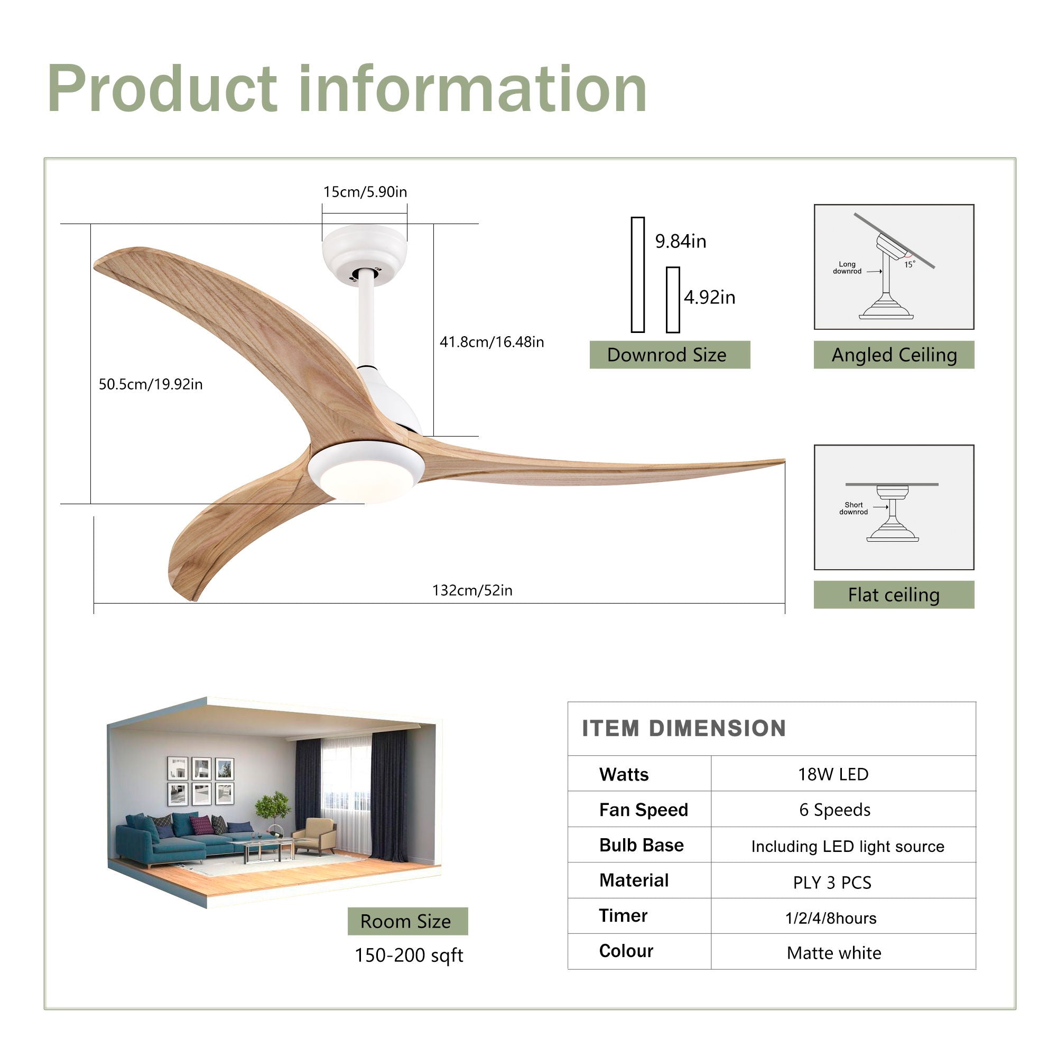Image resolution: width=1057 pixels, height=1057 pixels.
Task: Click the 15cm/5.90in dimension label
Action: click(365, 192)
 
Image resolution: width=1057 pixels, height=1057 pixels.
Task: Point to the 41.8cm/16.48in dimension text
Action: click(492, 342)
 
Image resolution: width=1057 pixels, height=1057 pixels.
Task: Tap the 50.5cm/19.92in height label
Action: click(151, 384)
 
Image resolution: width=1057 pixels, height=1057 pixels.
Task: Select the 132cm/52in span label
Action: click(472, 590)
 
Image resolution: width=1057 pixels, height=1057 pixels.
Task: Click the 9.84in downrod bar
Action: click(637, 275)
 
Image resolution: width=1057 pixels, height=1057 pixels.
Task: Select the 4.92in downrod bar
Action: click(672, 300)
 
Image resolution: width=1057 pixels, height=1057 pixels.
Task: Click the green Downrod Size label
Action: click(669, 355)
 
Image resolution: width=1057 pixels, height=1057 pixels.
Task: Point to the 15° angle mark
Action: click(909, 264)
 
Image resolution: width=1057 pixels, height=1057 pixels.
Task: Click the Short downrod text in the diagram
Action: click(854, 508)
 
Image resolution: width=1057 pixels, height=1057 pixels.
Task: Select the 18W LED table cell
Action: click(833, 774)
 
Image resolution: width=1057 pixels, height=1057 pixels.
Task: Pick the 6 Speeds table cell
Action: click(835, 810)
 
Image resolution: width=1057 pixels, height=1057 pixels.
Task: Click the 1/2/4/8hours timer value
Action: click(830, 918)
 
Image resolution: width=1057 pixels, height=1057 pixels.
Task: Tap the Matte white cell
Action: click(834, 953)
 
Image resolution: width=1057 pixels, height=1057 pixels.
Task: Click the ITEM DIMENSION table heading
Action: click(684, 729)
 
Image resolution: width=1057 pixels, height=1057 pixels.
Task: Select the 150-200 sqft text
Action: click(409, 955)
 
